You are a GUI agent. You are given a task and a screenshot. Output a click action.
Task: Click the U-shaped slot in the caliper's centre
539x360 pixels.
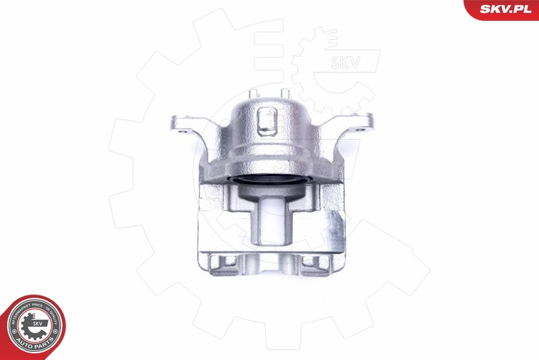point(269,216)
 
